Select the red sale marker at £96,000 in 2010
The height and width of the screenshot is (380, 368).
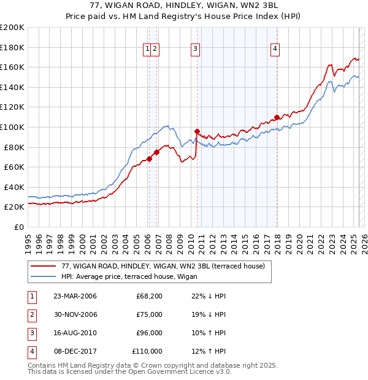click(x=197, y=131)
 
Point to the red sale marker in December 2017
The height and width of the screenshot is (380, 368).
click(x=277, y=117)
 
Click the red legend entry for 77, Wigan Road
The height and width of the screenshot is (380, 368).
click(x=163, y=266)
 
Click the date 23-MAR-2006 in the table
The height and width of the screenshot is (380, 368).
click(x=75, y=297)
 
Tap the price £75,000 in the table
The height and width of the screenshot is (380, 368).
click(x=149, y=315)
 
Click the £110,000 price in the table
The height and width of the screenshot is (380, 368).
click(x=147, y=352)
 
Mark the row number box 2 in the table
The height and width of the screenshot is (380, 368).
click(x=32, y=315)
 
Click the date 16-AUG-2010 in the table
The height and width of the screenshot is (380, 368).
click(x=75, y=333)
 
